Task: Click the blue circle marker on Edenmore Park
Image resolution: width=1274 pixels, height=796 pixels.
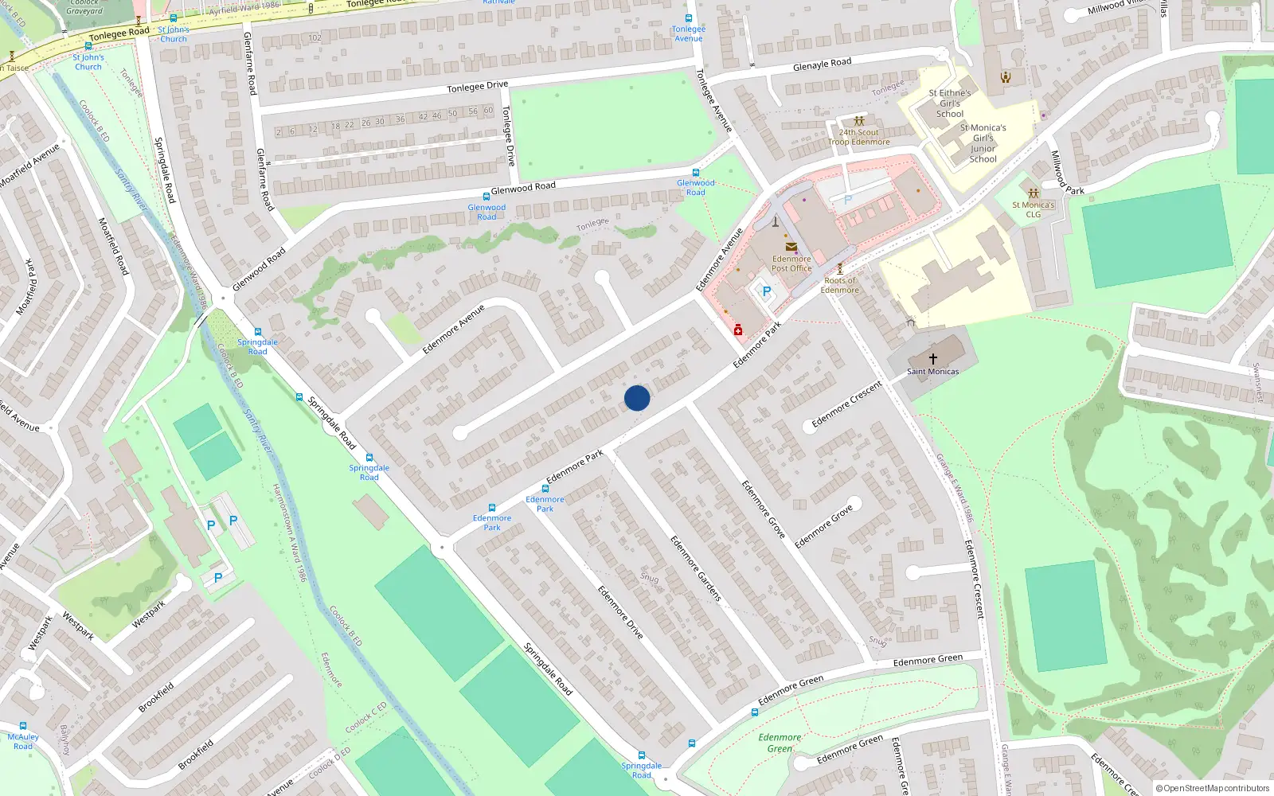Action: click(637, 398)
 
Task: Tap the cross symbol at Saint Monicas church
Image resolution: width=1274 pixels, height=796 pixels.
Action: click(933, 359)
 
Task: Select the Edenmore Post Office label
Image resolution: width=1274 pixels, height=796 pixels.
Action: click(791, 263)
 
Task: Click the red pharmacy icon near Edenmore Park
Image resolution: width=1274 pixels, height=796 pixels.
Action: click(738, 330)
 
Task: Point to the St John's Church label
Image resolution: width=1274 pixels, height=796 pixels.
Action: click(88, 62)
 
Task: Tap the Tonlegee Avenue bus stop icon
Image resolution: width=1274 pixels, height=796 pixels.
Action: click(689, 18)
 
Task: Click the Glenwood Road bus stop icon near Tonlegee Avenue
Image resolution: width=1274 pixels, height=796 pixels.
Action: click(696, 173)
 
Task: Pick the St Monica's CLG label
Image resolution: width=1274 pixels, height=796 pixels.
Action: click(1034, 209)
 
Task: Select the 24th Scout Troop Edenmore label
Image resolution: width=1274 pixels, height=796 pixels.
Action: click(859, 138)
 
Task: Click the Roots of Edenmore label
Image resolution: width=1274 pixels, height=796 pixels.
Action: click(840, 285)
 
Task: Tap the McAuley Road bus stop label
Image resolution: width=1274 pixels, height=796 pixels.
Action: click(23, 742)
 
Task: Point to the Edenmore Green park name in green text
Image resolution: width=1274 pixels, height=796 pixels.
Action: click(780, 743)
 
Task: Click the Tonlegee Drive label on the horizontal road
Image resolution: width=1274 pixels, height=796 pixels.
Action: click(477, 87)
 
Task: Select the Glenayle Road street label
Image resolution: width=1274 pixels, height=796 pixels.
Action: click(822, 64)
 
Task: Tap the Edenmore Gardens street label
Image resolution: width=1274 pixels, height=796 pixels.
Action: click(695, 568)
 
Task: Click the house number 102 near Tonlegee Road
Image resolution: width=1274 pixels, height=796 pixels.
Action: click(315, 37)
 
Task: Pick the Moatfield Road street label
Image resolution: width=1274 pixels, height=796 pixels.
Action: click(113, 246)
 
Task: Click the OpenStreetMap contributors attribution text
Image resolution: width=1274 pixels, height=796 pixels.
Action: click(1213, 789)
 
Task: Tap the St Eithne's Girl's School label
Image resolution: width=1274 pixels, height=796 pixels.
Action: click(950, 103)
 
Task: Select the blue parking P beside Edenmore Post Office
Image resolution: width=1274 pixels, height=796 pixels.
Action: click(767, 292)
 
